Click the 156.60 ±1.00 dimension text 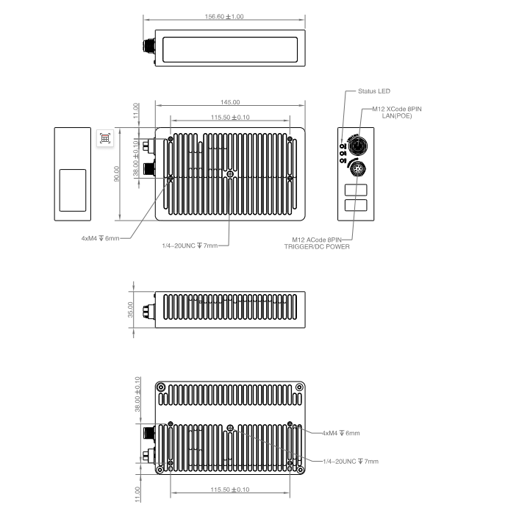pyautogui.click(x=224, y=16)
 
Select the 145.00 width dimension pyautogui.click(x=230, y=102)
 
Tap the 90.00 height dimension pyautogui.click(x=117, y=174)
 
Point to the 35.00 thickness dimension pyautogui.click(x=130, y=309)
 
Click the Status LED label pyautogui.click(x=374, y=91)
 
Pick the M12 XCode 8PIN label pyautogui.click(x=397, y=109)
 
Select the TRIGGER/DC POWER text pyautogui.click(x=317, y=247)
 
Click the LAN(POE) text pyautogui.click(x=397, y=116)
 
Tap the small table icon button pyautogui.click(x=105, y=138)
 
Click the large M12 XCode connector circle pyautogui.click(x=357, y=146)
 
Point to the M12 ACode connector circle pyautogui.click(x=357, y=168)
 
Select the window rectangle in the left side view pyautogui.click(x=73, y=190)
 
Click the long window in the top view pyautogui.click(x=230, y=49)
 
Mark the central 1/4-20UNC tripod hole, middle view pyautogui.click(x=230, y=174)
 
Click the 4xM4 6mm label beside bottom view pyautogui.click(x=341, y=433)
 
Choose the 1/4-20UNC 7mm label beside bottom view pyautogui.click(x=351, y=461)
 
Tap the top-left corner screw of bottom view pyautogui.click(x=160, y=387)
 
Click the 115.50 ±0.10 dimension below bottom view pyautogui.click(x=230, y=490)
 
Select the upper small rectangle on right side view pyautogui.click(x=356, y=190)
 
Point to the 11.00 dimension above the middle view pyautogui.click(x=136, y=110)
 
